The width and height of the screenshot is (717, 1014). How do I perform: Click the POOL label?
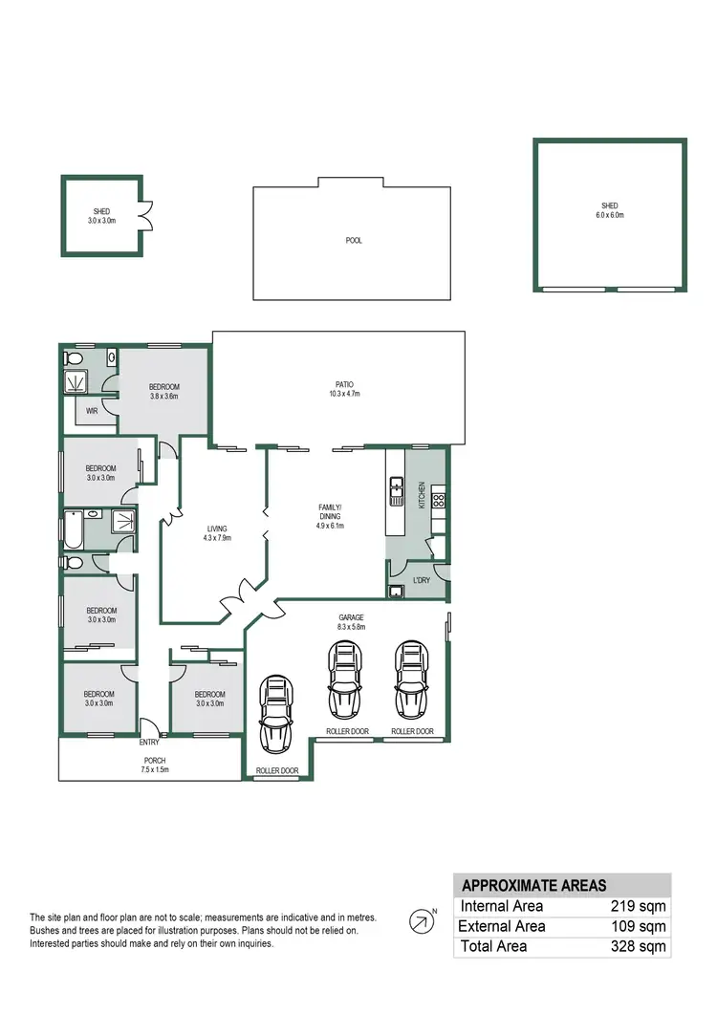pos(354,241)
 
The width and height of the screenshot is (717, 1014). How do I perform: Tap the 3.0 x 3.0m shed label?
pos(102,215)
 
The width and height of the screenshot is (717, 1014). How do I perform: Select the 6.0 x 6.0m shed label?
pos(609,210)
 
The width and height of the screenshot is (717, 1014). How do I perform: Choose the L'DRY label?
pos(420,580)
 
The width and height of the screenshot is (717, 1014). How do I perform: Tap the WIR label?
pos(93,411)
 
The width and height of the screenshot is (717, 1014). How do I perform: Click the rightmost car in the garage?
pos(410,680)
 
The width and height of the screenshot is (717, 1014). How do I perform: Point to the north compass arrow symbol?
pos(420,921)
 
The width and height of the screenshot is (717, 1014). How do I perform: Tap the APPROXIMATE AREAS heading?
pos(533,885)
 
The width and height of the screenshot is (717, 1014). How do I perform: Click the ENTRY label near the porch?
pos(149,742)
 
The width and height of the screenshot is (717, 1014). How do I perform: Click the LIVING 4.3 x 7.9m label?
pos(215,532)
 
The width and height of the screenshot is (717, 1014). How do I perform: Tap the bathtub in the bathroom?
pos(72,527)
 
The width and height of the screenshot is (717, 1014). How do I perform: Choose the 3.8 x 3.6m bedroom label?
pos(163,391)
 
